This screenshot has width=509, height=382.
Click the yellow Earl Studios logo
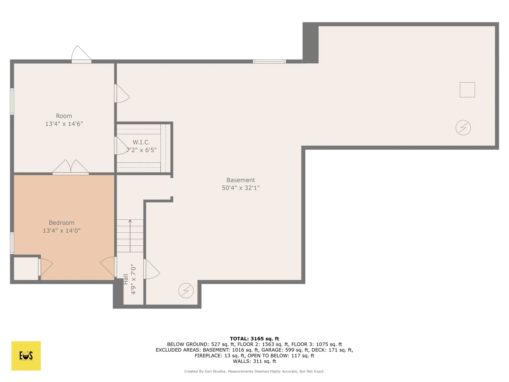tap(26, 356)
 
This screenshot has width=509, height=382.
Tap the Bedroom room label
tap(62, 223)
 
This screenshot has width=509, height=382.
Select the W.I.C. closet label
tap(141, 142)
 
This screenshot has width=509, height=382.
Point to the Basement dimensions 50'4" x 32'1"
tap(241, 188)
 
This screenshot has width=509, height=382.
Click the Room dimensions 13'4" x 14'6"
tap(64, 124)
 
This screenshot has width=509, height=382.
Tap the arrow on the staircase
tap(130, 236)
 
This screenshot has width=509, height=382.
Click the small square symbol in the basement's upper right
tap(467, 90)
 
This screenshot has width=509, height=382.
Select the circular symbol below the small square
tap(463, 128)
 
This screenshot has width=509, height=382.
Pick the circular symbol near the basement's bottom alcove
tap(186, 290)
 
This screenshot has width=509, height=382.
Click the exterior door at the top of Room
tap(81, 54)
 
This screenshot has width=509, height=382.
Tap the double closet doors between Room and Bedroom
tap(71, 167)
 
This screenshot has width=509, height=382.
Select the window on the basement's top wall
tap(269, 62)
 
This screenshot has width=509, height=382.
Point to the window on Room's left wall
tap(12, 101)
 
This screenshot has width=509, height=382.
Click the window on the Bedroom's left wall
tap(12, 243)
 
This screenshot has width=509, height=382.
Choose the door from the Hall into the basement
tap(152, 269)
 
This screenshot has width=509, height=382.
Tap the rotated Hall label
tap(126, 279)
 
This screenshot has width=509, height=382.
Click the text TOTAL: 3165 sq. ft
tap(254, 338)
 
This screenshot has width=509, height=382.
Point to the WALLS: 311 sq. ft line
tap(254, 361)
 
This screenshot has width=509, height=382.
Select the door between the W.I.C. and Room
tap(122, 146)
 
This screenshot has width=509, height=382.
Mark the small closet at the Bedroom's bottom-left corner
tap(26, 268)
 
